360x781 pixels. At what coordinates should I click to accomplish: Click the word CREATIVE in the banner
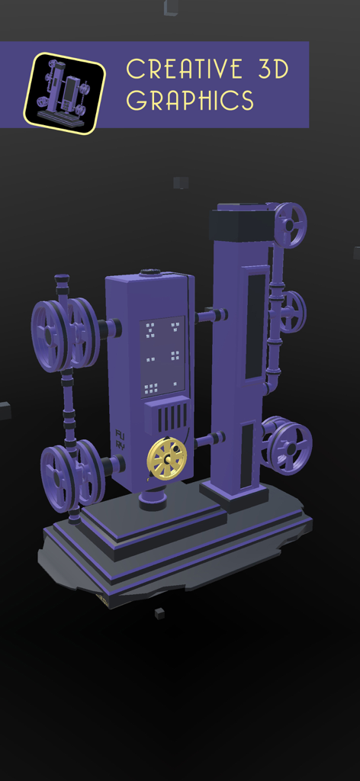tap(185, 69)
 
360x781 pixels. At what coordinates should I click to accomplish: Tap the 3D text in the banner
tap(268, 69)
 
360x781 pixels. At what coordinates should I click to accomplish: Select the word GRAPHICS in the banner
tap(190, 100)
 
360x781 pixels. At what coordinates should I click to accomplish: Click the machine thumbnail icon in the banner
tap(64, 93)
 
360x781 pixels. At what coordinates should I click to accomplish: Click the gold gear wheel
tap(166, 458)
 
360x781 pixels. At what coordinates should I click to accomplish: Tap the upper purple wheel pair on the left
tap(65, 335)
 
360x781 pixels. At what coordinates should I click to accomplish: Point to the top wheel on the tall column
tap(289, 224)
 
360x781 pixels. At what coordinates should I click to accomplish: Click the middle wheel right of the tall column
tap(291, 312)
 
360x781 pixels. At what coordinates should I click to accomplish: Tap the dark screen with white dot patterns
tap(162, 355)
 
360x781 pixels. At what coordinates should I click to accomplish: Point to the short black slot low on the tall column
tap(247, 455)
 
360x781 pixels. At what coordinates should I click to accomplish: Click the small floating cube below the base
tap(159, 612)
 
